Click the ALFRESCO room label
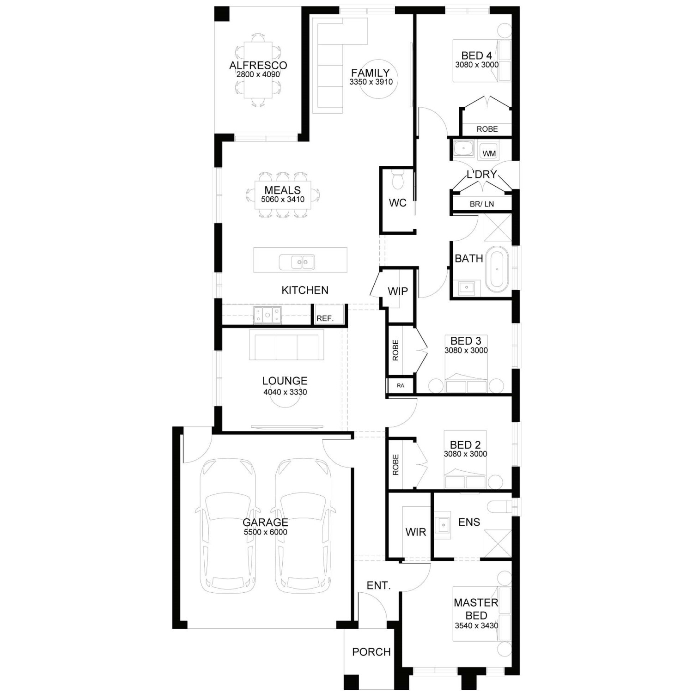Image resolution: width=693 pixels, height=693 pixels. [x=258, y=65]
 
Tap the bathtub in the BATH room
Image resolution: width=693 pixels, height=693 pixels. [x=497, y=270]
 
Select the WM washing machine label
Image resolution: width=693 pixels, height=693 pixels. [x=489, y=153]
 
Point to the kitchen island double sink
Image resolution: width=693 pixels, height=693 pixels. [x=297, y=262]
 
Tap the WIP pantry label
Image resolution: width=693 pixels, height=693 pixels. [x=397, y=291]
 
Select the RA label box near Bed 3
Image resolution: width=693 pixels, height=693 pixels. [x=400, y=385]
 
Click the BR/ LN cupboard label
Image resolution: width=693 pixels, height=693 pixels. [x=481, y=204]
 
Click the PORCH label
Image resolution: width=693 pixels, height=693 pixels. [x=371, y=652]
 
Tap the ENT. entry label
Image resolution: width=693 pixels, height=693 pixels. [x=378, y=585]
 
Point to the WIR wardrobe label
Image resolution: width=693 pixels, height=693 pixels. [x=415, y=532]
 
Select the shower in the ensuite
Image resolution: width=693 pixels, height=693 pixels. [x=498, y=544]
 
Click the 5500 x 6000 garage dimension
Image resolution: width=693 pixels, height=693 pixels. [x=265, y=532]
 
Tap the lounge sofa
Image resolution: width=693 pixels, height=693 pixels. [x=286, y=345]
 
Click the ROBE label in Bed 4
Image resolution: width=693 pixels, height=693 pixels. [x=487, y=129]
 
